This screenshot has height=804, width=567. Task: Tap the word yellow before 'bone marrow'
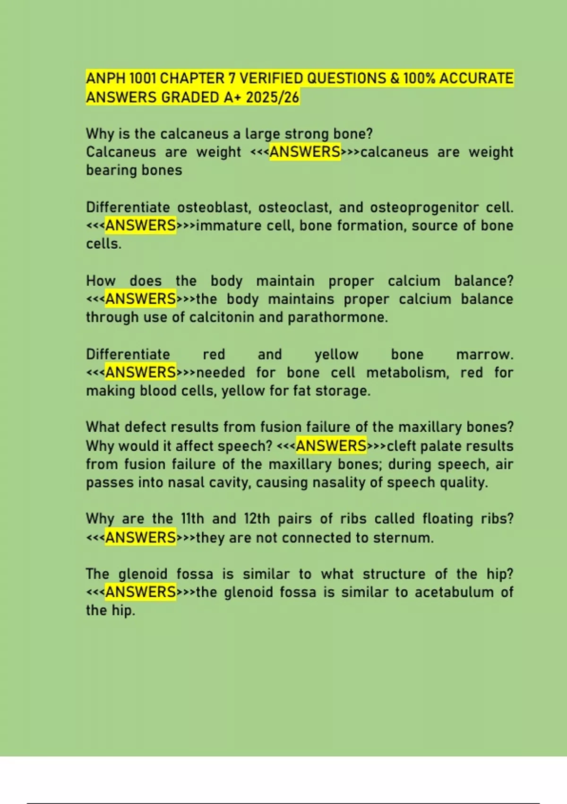[336, 355]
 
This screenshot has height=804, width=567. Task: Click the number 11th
[192, 519]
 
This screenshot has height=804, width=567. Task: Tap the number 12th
[257, 519]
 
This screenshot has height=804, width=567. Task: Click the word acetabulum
[454, 592]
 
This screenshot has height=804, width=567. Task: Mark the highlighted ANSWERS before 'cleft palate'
[331, 446]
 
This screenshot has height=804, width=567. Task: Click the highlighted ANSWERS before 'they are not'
[141, 538]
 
